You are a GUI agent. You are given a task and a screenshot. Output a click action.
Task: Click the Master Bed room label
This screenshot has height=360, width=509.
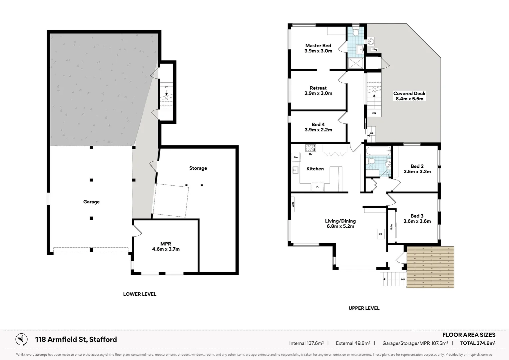coord(318,46)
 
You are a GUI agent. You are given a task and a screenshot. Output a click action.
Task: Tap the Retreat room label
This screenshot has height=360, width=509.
coord(318,88)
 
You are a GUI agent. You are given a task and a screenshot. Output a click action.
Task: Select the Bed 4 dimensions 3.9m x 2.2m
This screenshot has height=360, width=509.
coord(318,130)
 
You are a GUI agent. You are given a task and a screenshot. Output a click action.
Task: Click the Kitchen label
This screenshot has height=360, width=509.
coord(315,169)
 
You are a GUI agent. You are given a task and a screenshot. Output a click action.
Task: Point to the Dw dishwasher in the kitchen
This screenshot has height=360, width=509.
coord(296,157)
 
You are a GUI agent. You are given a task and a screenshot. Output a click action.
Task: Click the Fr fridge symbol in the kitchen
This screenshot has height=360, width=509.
coord(317,187)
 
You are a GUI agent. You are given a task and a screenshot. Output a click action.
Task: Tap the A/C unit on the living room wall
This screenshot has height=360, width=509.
coord(293,204)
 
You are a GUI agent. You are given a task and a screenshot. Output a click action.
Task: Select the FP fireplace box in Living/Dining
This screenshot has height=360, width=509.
coord(380,234)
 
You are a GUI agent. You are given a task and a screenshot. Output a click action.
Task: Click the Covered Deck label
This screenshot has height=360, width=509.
coord(409,93)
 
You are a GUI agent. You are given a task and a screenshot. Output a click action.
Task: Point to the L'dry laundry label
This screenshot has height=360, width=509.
coord(374,49)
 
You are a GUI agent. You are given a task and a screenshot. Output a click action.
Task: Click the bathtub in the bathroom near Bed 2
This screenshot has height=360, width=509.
coord(378,151)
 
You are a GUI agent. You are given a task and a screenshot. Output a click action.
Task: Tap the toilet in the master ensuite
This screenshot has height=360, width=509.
coord(355,32)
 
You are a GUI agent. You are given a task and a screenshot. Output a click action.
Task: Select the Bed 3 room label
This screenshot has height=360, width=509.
coord(417,216)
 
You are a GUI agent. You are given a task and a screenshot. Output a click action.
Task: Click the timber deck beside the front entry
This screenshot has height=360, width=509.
coord(430,267)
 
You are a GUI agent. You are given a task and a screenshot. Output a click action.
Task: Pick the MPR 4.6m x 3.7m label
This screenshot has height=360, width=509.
coord(166,246)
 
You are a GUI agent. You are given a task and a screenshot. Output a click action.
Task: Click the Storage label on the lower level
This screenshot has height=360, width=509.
coord(198,168)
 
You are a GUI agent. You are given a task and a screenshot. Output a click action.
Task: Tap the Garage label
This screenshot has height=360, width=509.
coord(91,202)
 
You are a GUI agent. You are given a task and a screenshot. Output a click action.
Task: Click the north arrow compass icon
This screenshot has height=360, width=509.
coord(22,339)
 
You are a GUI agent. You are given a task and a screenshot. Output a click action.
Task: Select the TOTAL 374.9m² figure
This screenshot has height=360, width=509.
coord(477,343)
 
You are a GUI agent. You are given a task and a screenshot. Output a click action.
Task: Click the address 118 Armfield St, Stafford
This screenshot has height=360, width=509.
coord(76,339)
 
